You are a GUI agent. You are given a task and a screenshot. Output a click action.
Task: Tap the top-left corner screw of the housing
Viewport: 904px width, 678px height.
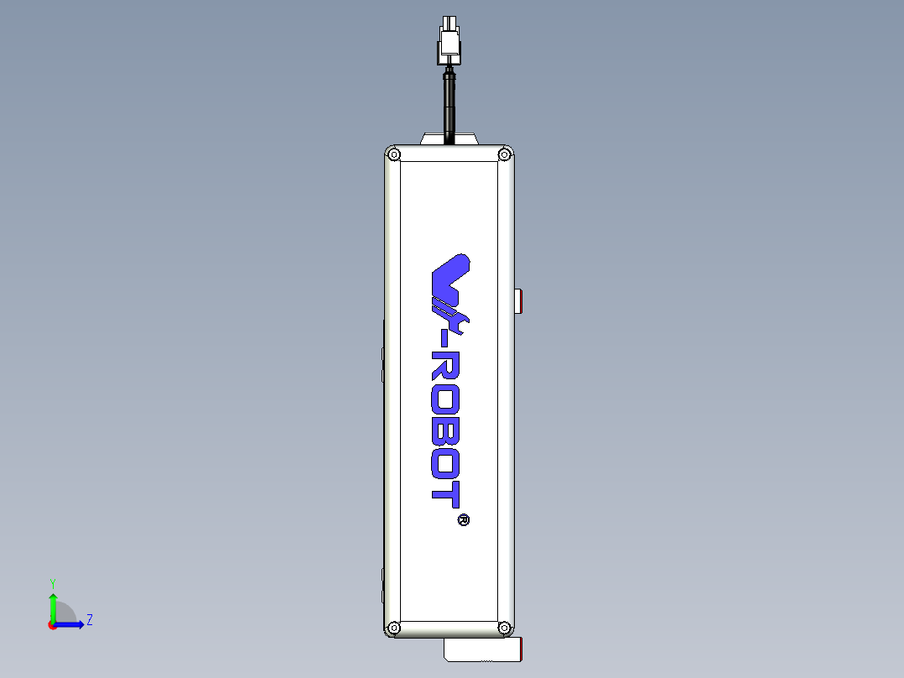click(394, 154)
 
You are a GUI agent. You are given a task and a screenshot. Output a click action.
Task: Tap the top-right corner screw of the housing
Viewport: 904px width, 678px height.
click(504, 154)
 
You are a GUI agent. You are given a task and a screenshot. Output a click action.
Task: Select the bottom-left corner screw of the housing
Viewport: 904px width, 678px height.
click(394, 627)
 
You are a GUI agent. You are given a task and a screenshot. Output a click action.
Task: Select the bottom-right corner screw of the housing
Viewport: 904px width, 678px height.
click(504, 627)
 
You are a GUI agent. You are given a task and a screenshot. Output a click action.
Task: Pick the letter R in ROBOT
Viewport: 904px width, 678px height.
click(445, 366)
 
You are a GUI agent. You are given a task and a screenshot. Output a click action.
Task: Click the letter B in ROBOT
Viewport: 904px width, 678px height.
click(445, 427)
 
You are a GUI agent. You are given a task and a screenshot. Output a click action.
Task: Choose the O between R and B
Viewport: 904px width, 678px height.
click(445, 396)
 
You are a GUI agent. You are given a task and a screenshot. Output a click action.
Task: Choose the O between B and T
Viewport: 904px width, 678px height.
click(445, 460)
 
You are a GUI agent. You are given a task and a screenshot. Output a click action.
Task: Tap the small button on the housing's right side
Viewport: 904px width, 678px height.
click(519, 300)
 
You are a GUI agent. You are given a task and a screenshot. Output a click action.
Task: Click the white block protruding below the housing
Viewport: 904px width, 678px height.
click(482, 649)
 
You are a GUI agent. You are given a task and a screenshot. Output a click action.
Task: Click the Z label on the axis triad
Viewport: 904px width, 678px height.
click(90, 620)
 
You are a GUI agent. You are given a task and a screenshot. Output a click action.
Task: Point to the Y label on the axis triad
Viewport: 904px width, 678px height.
click(52, 582)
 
